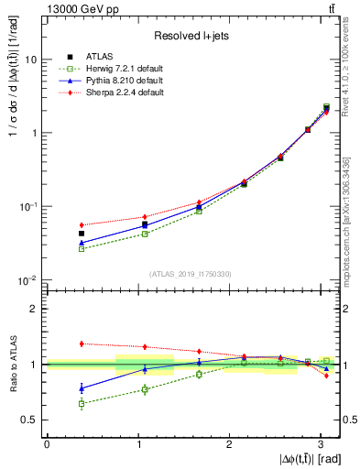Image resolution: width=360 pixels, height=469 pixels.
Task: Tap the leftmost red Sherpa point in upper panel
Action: click(x=82, y=224)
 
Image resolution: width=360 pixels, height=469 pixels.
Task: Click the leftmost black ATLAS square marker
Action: click(x=82, y=234)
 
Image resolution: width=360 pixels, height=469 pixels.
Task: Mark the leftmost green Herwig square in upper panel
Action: click(x=82, y=248)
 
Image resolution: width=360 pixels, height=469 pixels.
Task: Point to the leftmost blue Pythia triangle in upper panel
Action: click(x=82, y=242)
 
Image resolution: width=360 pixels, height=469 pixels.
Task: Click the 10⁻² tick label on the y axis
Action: click(x=28, y=279)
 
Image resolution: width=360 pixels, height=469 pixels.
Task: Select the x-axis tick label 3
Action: click(x=322, y=443)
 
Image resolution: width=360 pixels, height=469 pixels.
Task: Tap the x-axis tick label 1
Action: click(x=138, y=443)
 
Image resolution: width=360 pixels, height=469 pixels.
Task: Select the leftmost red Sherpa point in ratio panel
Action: click(x=82, y=344)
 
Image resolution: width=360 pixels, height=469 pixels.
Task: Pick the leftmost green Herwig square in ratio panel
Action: click(x=82, y=403)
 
